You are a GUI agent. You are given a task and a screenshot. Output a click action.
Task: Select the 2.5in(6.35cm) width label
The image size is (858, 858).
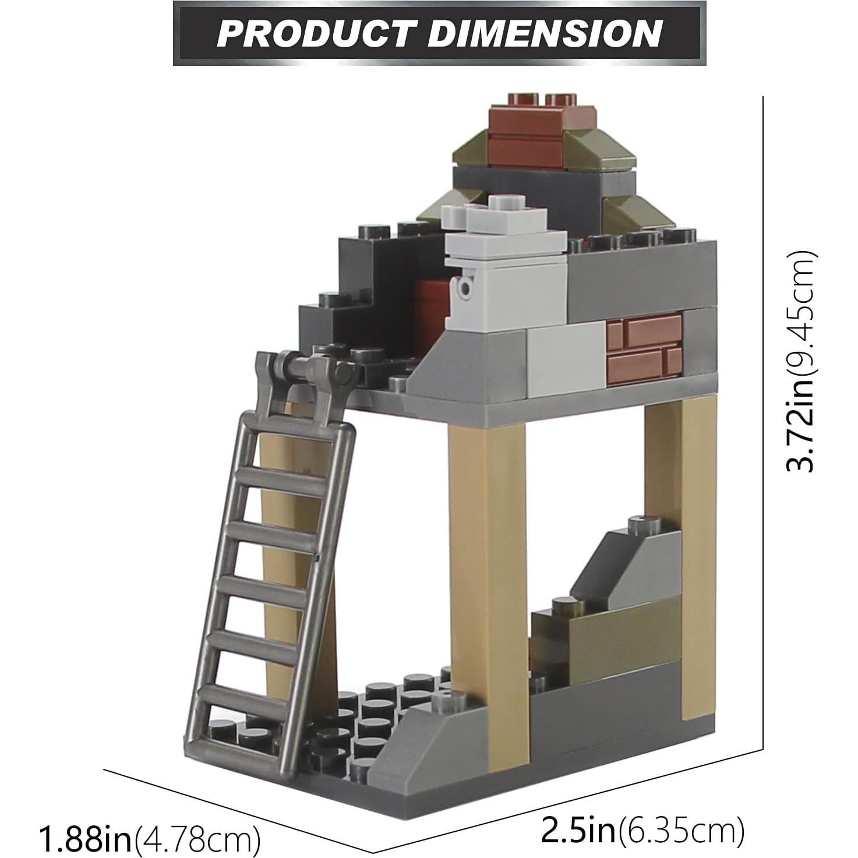click(x=642, y=830)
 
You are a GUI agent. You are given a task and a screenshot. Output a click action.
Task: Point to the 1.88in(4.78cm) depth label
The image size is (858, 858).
click(x=149, y=838)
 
